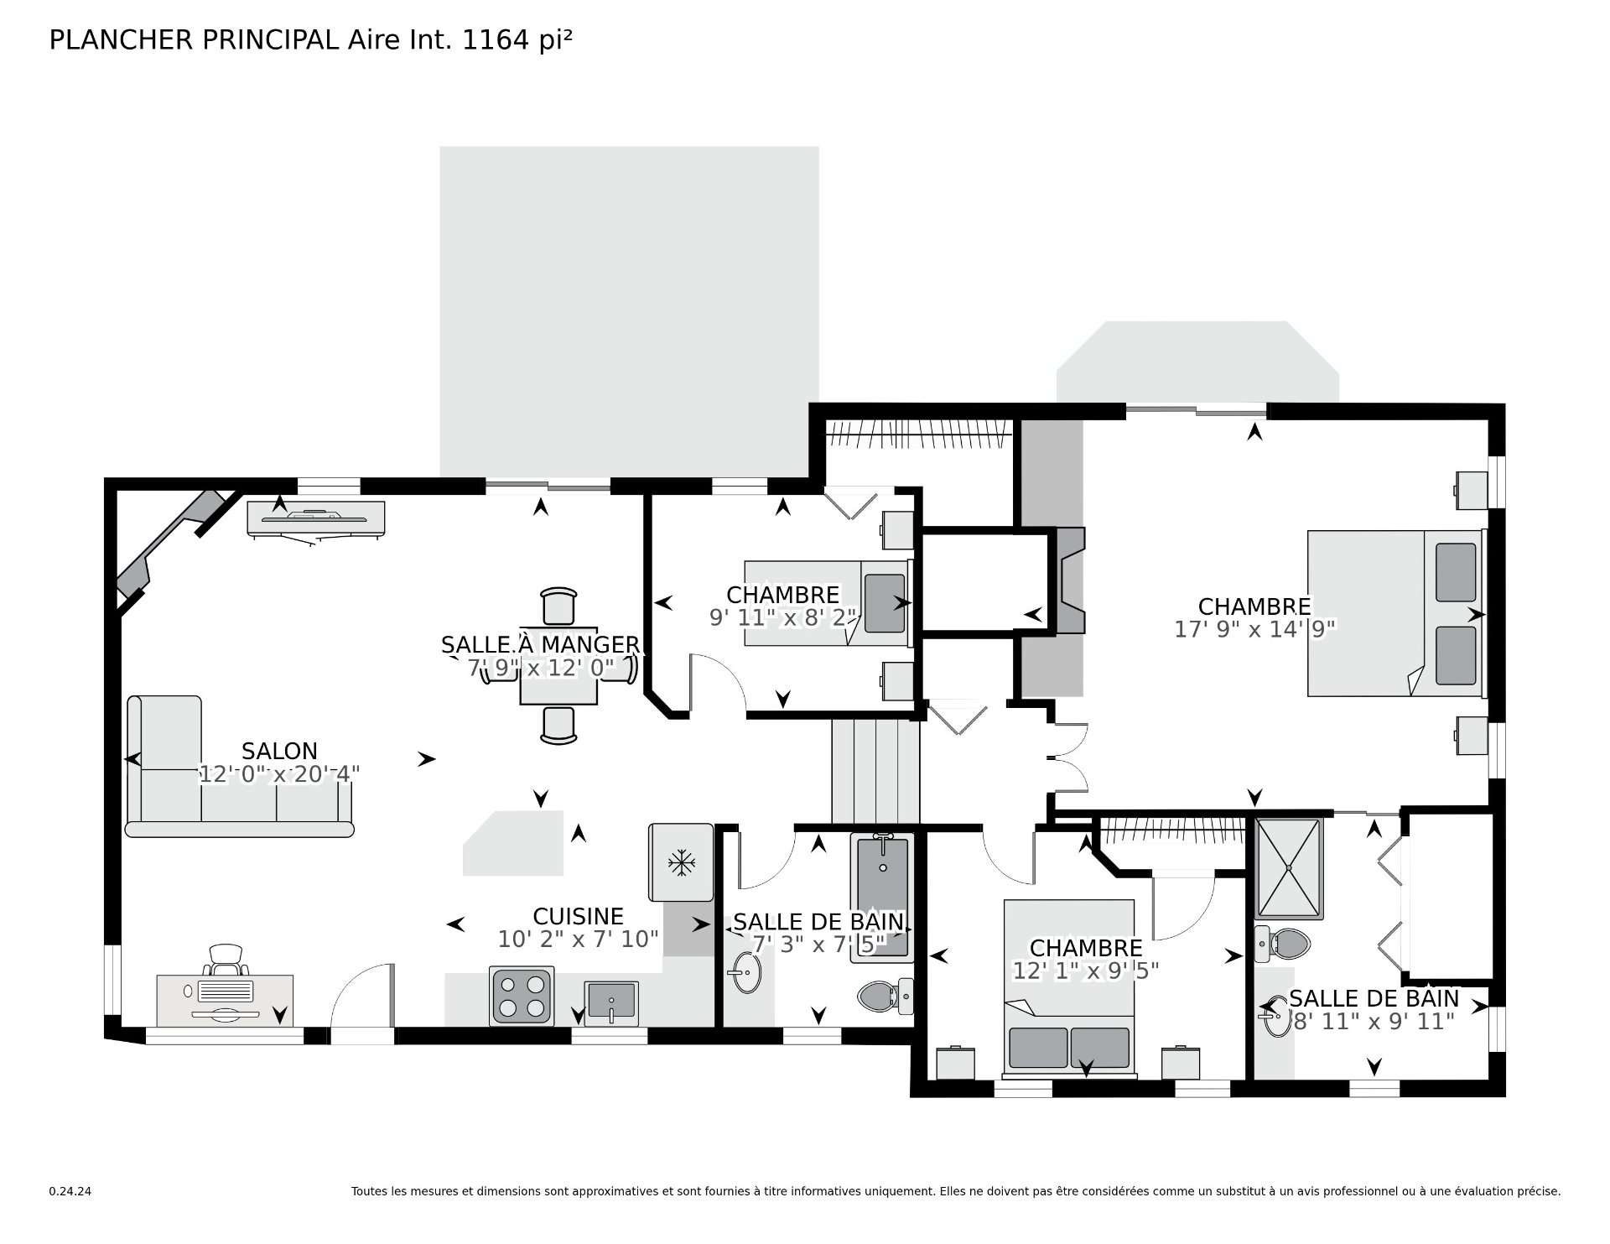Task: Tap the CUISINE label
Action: [579, 916]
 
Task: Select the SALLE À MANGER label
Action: [541, 644]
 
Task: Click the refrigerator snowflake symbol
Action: [681, 862]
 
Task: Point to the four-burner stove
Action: [522, 996]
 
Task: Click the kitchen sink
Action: [611, 1003]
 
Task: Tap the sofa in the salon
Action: [240, 767]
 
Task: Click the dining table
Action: [558, 666]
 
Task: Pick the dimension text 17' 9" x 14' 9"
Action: [1254, 629]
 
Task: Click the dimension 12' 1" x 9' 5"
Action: [1086, 971]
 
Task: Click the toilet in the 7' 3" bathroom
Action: [885, 997]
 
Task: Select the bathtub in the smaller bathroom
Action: [880, 897]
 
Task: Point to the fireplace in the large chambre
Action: [1070, 580]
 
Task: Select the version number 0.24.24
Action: [70, 1191]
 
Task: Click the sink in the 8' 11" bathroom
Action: [1275, 1016]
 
